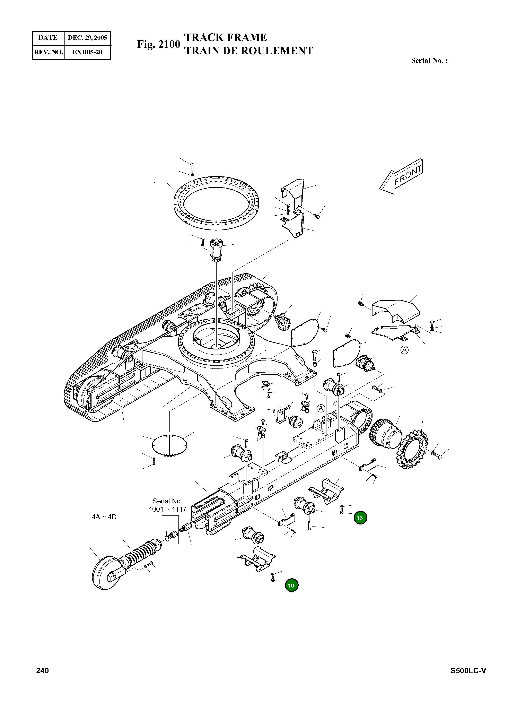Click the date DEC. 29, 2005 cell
[x=87, y=38]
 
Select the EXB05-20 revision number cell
[x=87, y=52]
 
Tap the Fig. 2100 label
[x=158, y=44]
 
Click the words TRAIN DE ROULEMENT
[x=248, y=51]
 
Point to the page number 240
[x=43, y=670]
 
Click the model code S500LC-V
[x=468, y=670]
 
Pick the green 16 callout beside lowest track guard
[x=291, y=585]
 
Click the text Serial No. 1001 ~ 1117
[x=167, y=505]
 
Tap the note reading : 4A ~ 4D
[x=102, y=517]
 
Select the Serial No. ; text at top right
[x=429, y=61]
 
